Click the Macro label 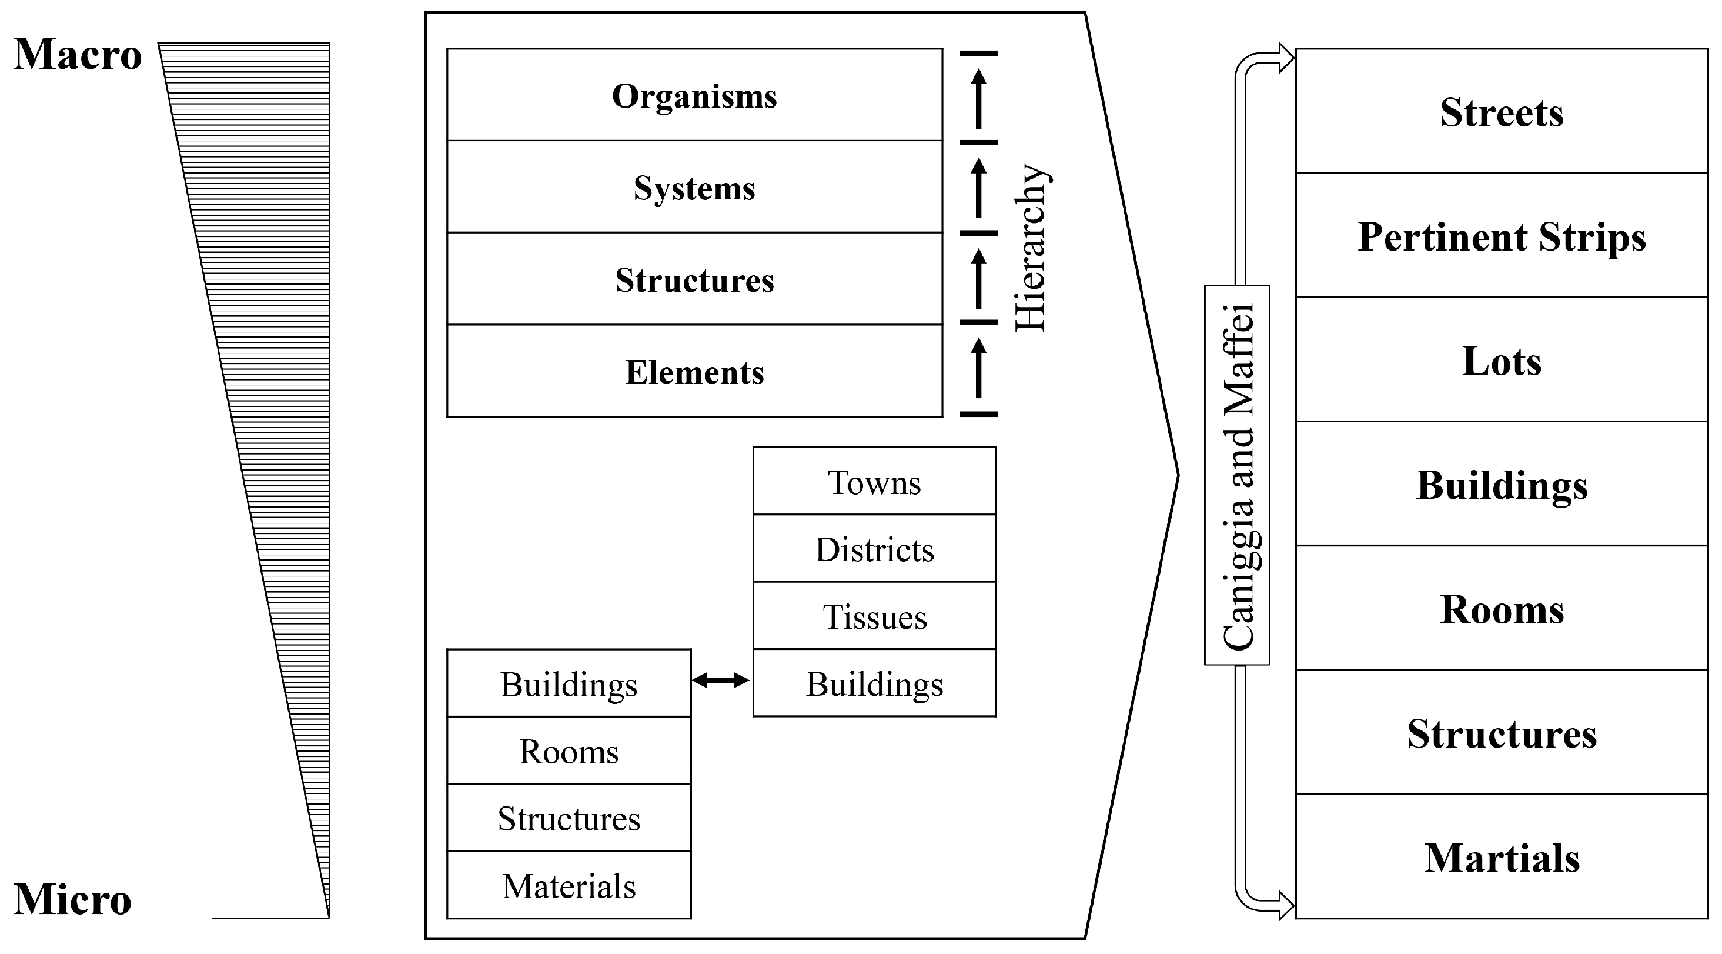(x=78, y=55)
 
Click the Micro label (x=72, y=900)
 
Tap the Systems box (x=694, y=188)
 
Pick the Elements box (x=694, y=372)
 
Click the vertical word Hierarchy (x=1030, y=248)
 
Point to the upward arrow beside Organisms (x=979, y=98)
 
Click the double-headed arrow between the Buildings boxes (x=721, y=681)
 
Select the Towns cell (x=874, y=482)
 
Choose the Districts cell (x=874, y=549)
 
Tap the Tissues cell (x=874, y=616)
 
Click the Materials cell (x=569, y=886)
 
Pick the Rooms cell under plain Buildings (x=569, y=752)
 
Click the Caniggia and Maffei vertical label (x=1238, y=475)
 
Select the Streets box (x=1502, y=112)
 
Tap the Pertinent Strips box (x=1502, y=236)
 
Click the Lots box (x=1502, y=361)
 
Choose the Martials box (x=1502, y=858)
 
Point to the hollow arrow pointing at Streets (x=1283, y=58)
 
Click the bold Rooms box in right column (x=1502, y=609)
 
